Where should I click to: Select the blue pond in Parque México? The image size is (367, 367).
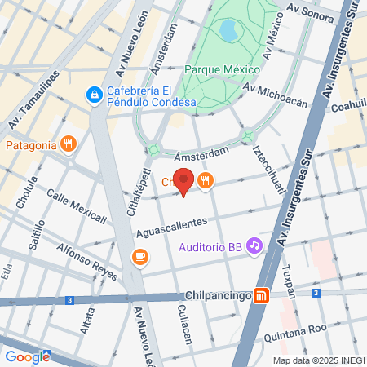click(x=228, y=32)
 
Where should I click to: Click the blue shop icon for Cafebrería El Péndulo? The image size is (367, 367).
click(x=95, y=95)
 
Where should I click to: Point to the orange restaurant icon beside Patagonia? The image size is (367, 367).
click(x=69, y=145)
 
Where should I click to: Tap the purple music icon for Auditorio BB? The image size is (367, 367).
click(x=254, y=245)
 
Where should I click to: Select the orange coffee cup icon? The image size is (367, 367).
click(x=140, y=258)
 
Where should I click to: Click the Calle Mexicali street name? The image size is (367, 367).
click(x=77, y=205)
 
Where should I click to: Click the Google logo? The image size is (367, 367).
click(x=27, y=356)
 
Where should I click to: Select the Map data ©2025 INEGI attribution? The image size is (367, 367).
click(x=318, y=360)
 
